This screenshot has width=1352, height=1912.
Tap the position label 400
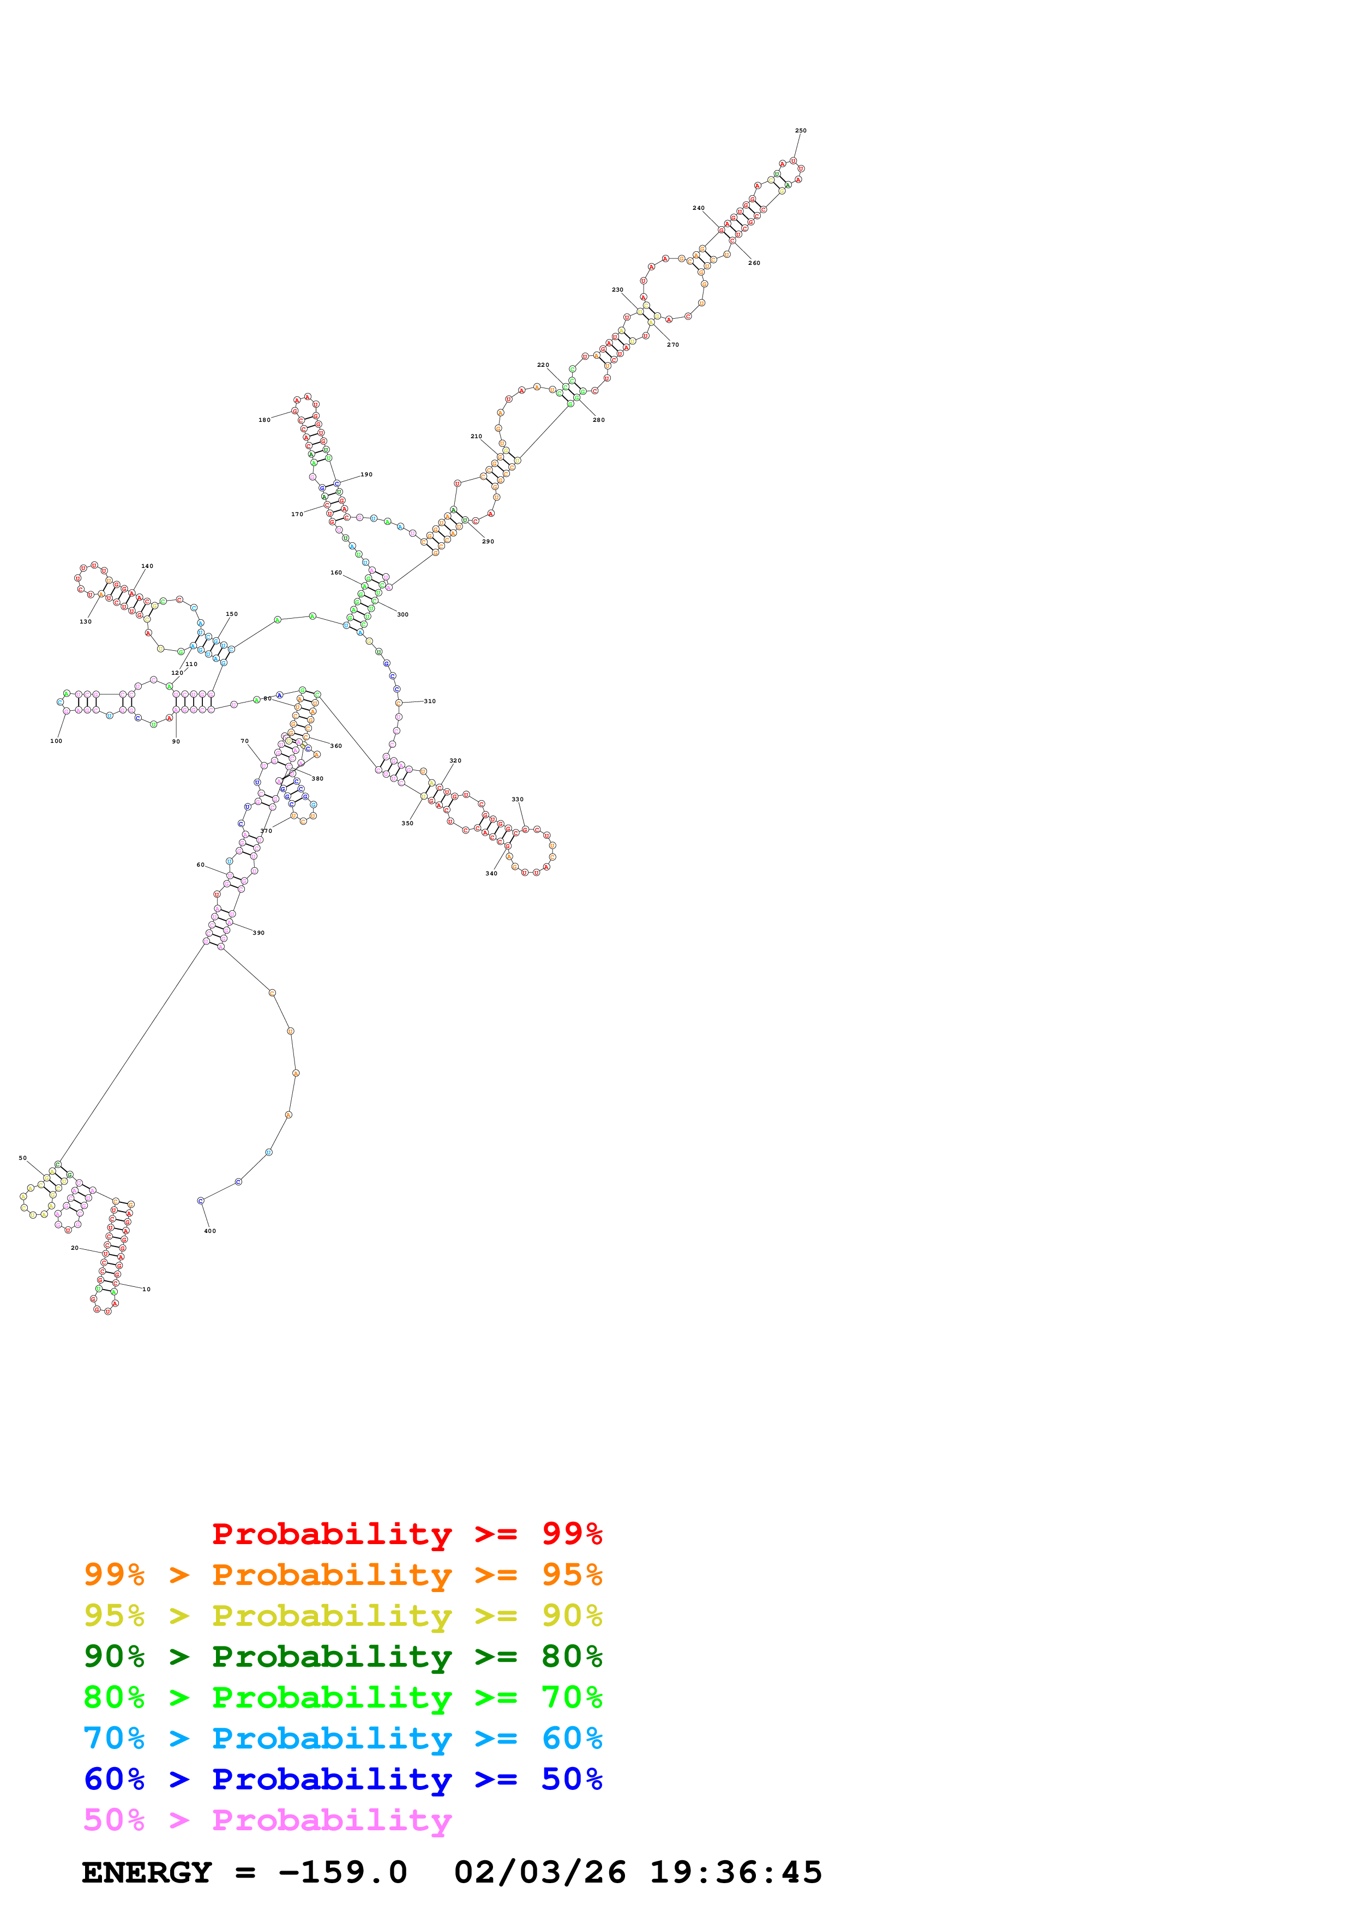[x=210, y=1231]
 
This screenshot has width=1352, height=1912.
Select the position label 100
[x=56, y=741]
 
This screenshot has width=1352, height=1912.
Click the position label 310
[x=430, y=701]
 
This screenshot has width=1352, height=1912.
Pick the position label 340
[x=491, y=874]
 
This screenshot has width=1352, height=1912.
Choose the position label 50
[x=22, y=1158]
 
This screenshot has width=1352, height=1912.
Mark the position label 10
[x=147, y=1289]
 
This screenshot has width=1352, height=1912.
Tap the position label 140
[x=147, y=566]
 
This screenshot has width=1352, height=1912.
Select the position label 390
[x=259, y=933]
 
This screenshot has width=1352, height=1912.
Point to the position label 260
[x=754, y=263]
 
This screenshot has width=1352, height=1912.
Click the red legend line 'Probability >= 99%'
[x=406, y=1533]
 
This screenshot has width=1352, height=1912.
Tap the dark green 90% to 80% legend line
[x=343, y=1656]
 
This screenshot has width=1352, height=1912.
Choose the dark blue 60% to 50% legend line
[x=343, y=1779]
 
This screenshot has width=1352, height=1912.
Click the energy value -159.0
[x=342, y=1873]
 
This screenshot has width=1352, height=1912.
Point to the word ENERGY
[x=147, y=1873]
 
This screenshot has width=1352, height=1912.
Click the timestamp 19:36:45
[x=736, y=1873]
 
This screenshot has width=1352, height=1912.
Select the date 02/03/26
[x=540, y=1873]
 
